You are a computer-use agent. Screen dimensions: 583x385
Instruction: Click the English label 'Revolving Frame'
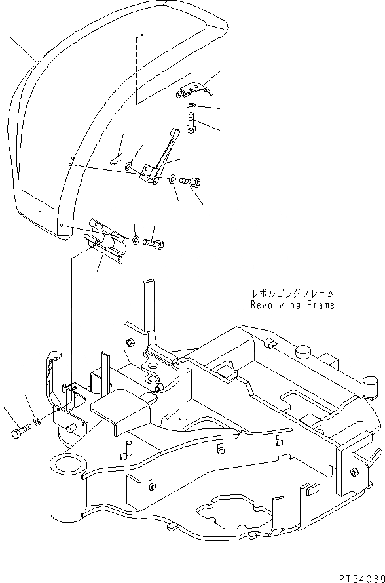(292, 305)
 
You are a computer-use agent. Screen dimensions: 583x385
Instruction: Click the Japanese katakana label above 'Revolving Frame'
(292, 293)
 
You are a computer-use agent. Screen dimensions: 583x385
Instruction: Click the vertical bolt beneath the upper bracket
(190, 123)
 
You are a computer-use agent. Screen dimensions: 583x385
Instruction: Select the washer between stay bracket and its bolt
(172, 178)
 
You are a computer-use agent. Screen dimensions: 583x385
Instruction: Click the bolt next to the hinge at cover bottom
(154, 243)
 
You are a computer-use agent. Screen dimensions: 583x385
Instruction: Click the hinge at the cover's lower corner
(105, 243)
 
